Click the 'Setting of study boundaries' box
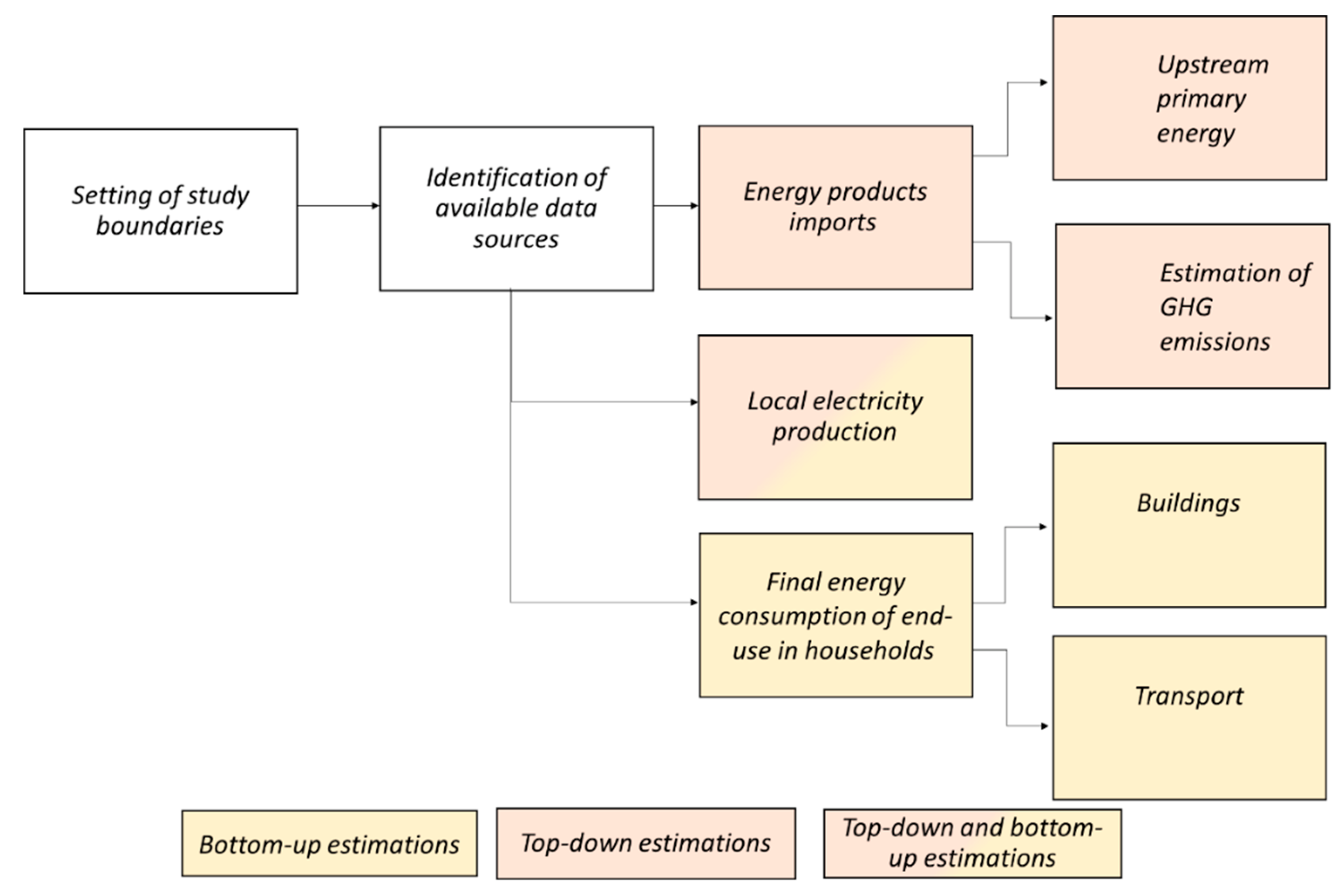pyautogui.click(x=161, y=211)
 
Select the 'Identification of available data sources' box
pyautogui.click(x=516, y=208)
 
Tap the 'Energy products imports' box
pyautogui.click(x=835, y=207)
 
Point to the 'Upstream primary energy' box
pyautogui.click(x=1189, y=98)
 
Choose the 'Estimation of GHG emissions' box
pyautogui.click(x=1192, y=306)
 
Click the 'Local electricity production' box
pyautogui.click(x=834, y=417)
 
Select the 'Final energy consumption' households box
pyautogui.click(x=836, y=615)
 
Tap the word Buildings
pyautogui.click(x=1188, y=503)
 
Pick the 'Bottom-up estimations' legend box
pyautogui.click(x=329, y=843)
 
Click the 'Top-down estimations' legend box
pyautogui.click(x=646, y=843)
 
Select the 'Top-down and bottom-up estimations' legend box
pyautogui.click(x=972, y=843)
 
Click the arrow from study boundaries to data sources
pyautogui.click(x=337, y=206)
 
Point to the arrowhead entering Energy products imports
pyautogui.click(x=694, y=206)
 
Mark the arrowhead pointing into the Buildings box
pyautogui.click(x=1043, y=527)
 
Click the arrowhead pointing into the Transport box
pyautogui.click(x=1045, y=726)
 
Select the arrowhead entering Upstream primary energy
pyautogui.click(x=1044, y=83)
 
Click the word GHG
pyautogui.click(x=1186, y=308)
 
